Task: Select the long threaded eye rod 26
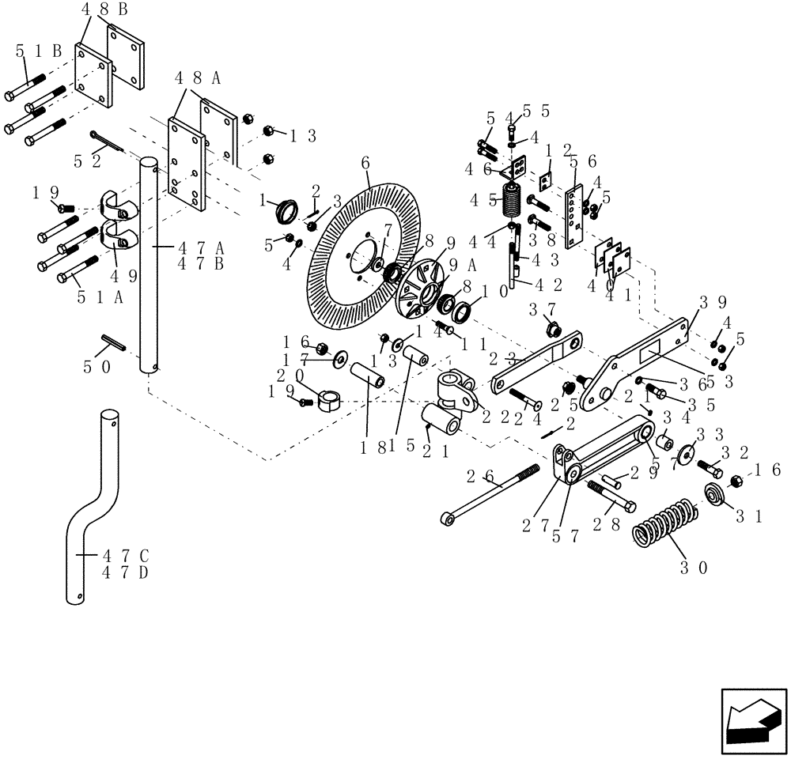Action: [x=490, y=495]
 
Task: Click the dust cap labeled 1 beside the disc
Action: [x=286, y=211]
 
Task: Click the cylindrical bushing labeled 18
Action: [x=368, y=374]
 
